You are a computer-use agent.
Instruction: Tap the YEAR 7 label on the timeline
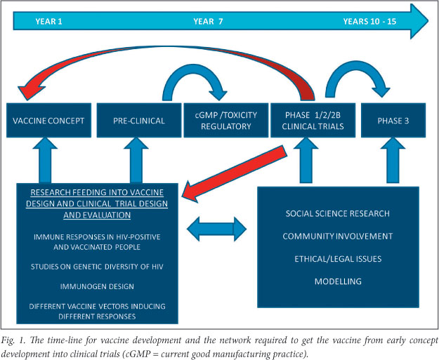pos(208,21)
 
